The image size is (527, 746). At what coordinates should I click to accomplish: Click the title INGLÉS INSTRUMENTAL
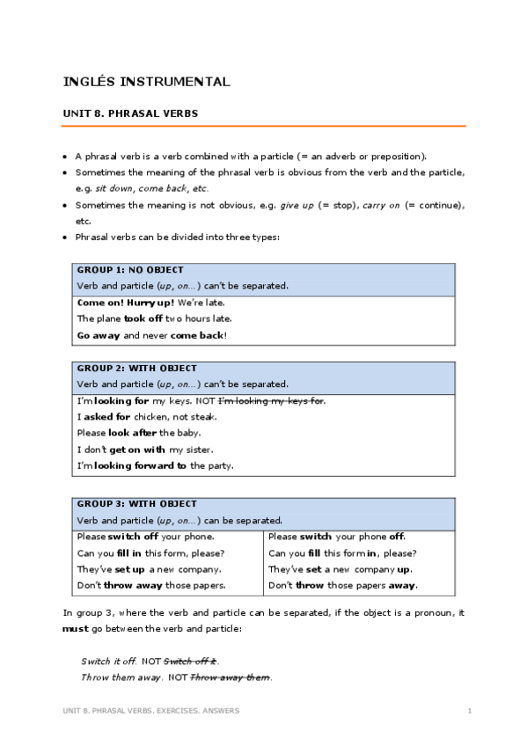147,82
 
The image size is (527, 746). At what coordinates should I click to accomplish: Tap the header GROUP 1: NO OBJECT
130,270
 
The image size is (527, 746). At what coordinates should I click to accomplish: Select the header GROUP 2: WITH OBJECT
137,369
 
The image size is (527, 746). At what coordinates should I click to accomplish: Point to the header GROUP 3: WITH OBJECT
137,504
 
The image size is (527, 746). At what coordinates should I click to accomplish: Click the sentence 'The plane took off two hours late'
155,318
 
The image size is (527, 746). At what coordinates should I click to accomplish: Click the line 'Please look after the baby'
139,433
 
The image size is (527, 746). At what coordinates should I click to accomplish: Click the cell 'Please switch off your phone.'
146,536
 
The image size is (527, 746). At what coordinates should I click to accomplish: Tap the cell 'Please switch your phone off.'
337,536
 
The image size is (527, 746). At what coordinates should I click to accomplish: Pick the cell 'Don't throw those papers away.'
343,585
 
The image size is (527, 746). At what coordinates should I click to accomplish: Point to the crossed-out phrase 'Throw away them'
231,677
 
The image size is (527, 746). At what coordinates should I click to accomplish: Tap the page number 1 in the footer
470,710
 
